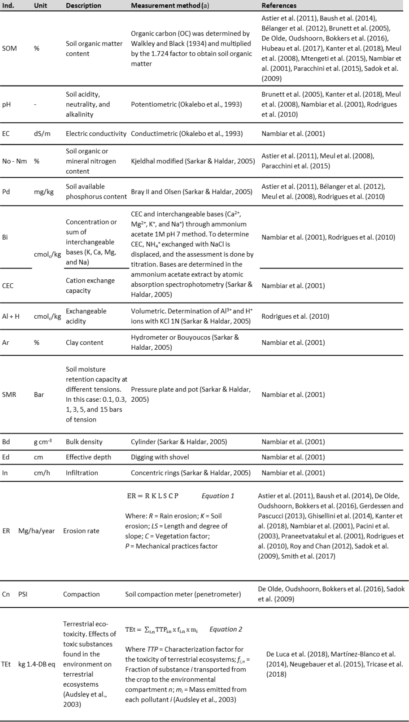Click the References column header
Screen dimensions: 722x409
(279, 6)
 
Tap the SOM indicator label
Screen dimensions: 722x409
(10, 48)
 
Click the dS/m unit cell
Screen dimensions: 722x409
(42, 134)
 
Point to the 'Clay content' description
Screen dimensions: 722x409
(84, 343)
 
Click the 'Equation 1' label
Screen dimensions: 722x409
(218, 496)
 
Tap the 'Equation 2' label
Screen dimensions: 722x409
(226, 629)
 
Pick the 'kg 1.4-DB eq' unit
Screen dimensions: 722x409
(37, 664)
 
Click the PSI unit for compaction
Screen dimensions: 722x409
(23, 594)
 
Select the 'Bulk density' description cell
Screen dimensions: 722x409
(84, 442)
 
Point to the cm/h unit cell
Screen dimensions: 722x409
(42, 473)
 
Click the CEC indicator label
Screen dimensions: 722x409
(8, 286)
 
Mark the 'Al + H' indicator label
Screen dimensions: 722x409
(11, 316)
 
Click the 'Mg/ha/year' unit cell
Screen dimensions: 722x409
(37, 531)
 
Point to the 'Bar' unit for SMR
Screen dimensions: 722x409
(39, 395)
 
